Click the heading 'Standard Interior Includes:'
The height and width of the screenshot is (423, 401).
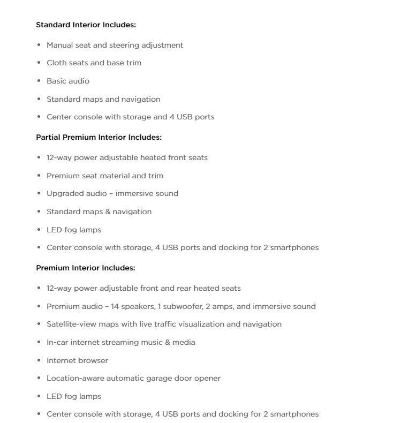coord(86,25)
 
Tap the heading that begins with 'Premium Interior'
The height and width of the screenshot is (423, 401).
coord(85,268)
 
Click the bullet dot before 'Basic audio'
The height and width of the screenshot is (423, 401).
coord(39,81)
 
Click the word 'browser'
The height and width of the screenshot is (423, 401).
coord(93,360)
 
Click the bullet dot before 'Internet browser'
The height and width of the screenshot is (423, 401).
coord(39,360)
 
